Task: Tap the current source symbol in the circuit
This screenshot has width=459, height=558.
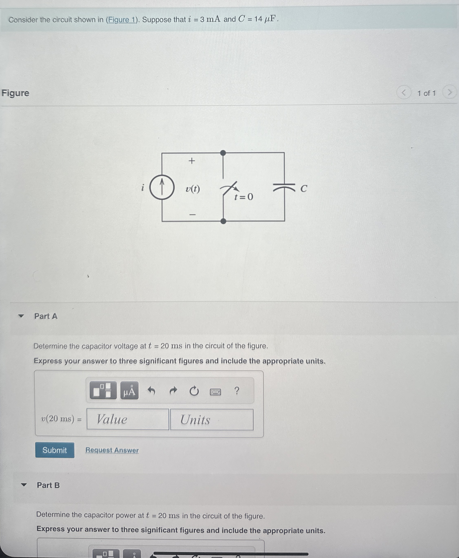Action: (x=162, y=187)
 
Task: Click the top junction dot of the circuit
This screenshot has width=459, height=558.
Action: (x=223, y=153)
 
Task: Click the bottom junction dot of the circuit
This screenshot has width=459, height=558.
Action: (x=223, y=221)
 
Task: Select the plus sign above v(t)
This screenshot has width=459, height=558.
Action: (x=192, y=161)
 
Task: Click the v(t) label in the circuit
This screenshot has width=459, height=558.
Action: (x=193, y=189)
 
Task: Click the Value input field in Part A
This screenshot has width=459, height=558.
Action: (x=128, y=419)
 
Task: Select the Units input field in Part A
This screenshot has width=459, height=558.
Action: (x=212, y=420)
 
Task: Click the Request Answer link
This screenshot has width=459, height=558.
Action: (x=112, y=450)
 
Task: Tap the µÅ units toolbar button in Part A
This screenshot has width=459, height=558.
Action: (x=129, y=390)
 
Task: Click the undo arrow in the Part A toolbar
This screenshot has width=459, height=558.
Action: (x=151, y=390)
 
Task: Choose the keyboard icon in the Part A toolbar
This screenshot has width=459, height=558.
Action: (x=215, y=391)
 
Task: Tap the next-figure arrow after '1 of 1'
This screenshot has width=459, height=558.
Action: (x=449, y=92)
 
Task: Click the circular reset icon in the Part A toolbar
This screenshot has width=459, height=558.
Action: (x=194, y=391)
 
